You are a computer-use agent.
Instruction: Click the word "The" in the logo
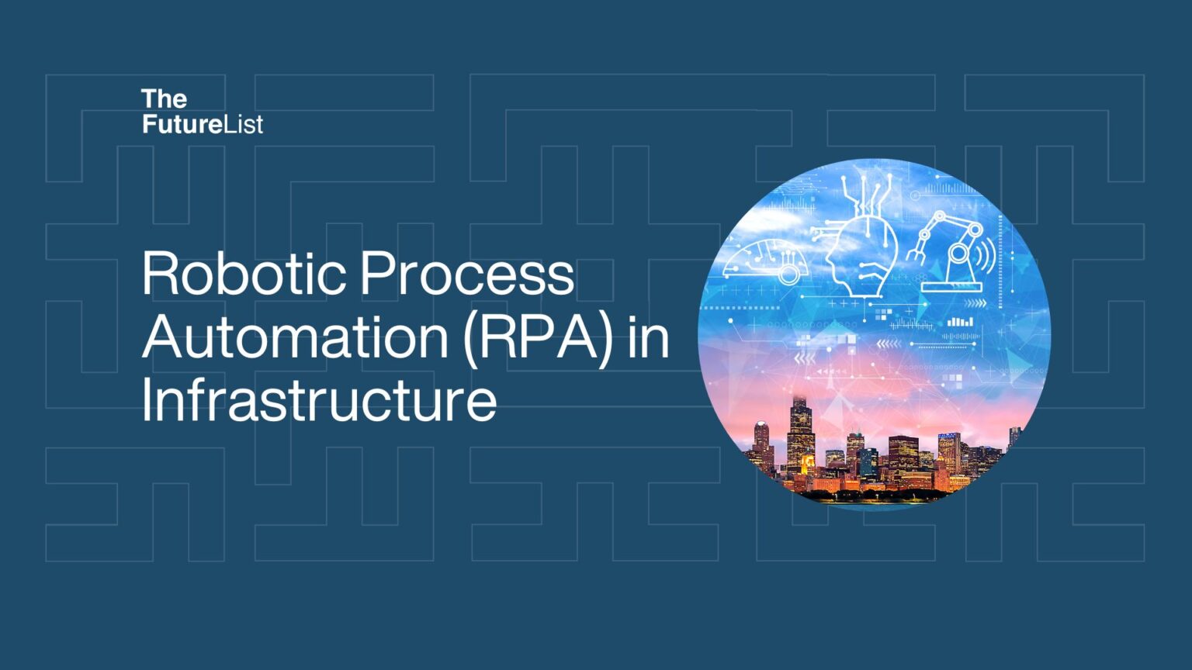pos(164,99)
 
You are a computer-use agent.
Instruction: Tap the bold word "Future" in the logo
pos(182,124)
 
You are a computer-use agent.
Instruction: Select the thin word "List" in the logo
pos(244,124)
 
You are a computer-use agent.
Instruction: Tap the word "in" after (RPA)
pos(649,337)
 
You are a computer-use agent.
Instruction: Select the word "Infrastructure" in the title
pos(319,400)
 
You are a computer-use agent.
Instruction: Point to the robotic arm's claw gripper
pos(917,250)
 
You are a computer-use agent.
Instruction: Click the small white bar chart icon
pos(960,321)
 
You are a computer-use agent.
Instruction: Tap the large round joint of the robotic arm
pos(959,253)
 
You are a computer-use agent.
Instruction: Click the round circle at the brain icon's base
pos(788,275)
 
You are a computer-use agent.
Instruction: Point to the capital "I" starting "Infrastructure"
pos(147,400)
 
